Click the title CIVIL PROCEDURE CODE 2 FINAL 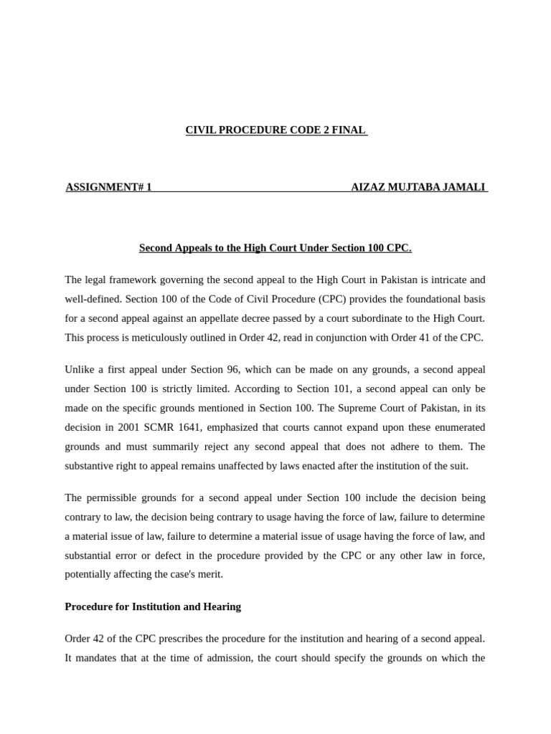275,130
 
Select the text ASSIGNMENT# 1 108,187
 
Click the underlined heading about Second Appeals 275,248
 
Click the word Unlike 80,370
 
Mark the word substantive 91,466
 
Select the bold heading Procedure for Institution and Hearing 153,606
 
